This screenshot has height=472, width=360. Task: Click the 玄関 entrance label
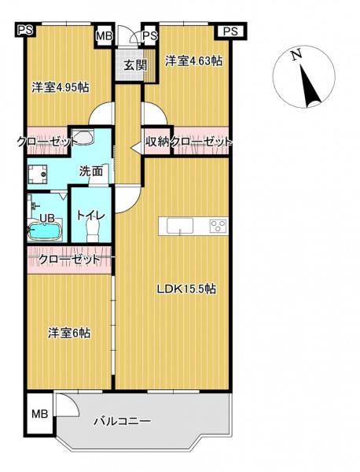click(x=131, y=65)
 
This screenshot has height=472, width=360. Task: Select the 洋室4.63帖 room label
click(x=193, y=60)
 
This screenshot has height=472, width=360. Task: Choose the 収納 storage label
click(x=156, y=142)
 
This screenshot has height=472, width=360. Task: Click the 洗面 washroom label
click(x=90, y=170)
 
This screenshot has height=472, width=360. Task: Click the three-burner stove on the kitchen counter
click(x=218, y=227)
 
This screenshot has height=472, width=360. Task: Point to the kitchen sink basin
click(x=179, y=227)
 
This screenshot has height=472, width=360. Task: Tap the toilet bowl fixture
click(x=93, y=230)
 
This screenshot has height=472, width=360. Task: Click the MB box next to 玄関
click(x=104, y=36)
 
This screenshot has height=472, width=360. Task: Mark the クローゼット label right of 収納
click(x=202, y=142)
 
